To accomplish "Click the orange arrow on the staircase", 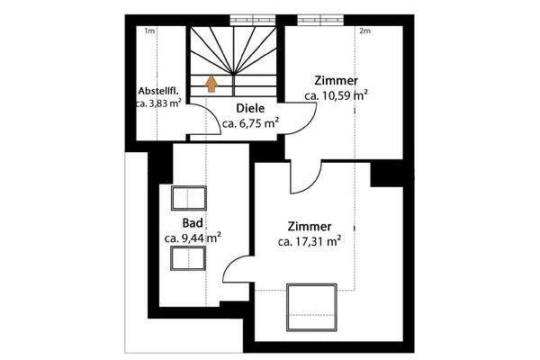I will coord(211,84).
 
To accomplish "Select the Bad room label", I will coord(192,222).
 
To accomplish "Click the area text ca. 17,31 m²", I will coord(309,241).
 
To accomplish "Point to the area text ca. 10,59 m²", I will coord(336,94).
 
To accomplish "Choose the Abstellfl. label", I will coord(159,91).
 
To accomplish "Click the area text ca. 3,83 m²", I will coord(159,104).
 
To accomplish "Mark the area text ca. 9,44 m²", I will coord(193,238).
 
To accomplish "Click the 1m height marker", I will coord(149,31).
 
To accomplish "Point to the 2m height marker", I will coord(364,31).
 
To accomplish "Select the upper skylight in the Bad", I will coord(190,197).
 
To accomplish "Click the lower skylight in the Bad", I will coord(189,259).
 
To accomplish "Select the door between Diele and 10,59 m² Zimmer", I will coord(303,113).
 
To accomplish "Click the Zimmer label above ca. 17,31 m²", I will coord(310,226).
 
